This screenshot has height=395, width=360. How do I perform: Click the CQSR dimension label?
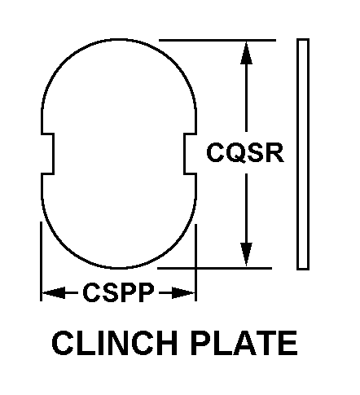pyautogui.click(x=245, y=152)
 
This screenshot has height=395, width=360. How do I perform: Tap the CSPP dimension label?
pyautogui.click(x=118, y=292)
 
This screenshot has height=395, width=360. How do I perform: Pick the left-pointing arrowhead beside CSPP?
pyautogui.click(x=54, y=292)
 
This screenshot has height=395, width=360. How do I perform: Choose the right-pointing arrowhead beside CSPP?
pyautogui.click(x=183, y=292)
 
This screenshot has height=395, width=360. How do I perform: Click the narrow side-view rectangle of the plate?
pyautogui.click(x=303, y=154)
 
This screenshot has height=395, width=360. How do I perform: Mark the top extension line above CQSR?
pyautogui.click(x=217, y=40)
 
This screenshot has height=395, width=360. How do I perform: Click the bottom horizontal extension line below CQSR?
pyautogui.click(x=214, y=268)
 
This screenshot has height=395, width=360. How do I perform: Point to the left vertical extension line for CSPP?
pyautogui.click(x=41, y=261)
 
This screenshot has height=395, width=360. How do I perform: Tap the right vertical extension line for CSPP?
pyautogui.click(x=195, y=262)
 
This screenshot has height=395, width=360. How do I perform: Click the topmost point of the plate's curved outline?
pyautogui.click(x=120, y=40)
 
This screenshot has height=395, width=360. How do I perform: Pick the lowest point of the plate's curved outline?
pyautogui.click(x=120, y=268)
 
